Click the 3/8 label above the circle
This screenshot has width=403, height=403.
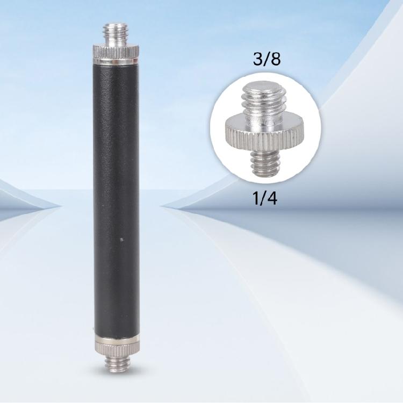tap(267, 59)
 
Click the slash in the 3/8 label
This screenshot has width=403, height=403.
tap(267, 59)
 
